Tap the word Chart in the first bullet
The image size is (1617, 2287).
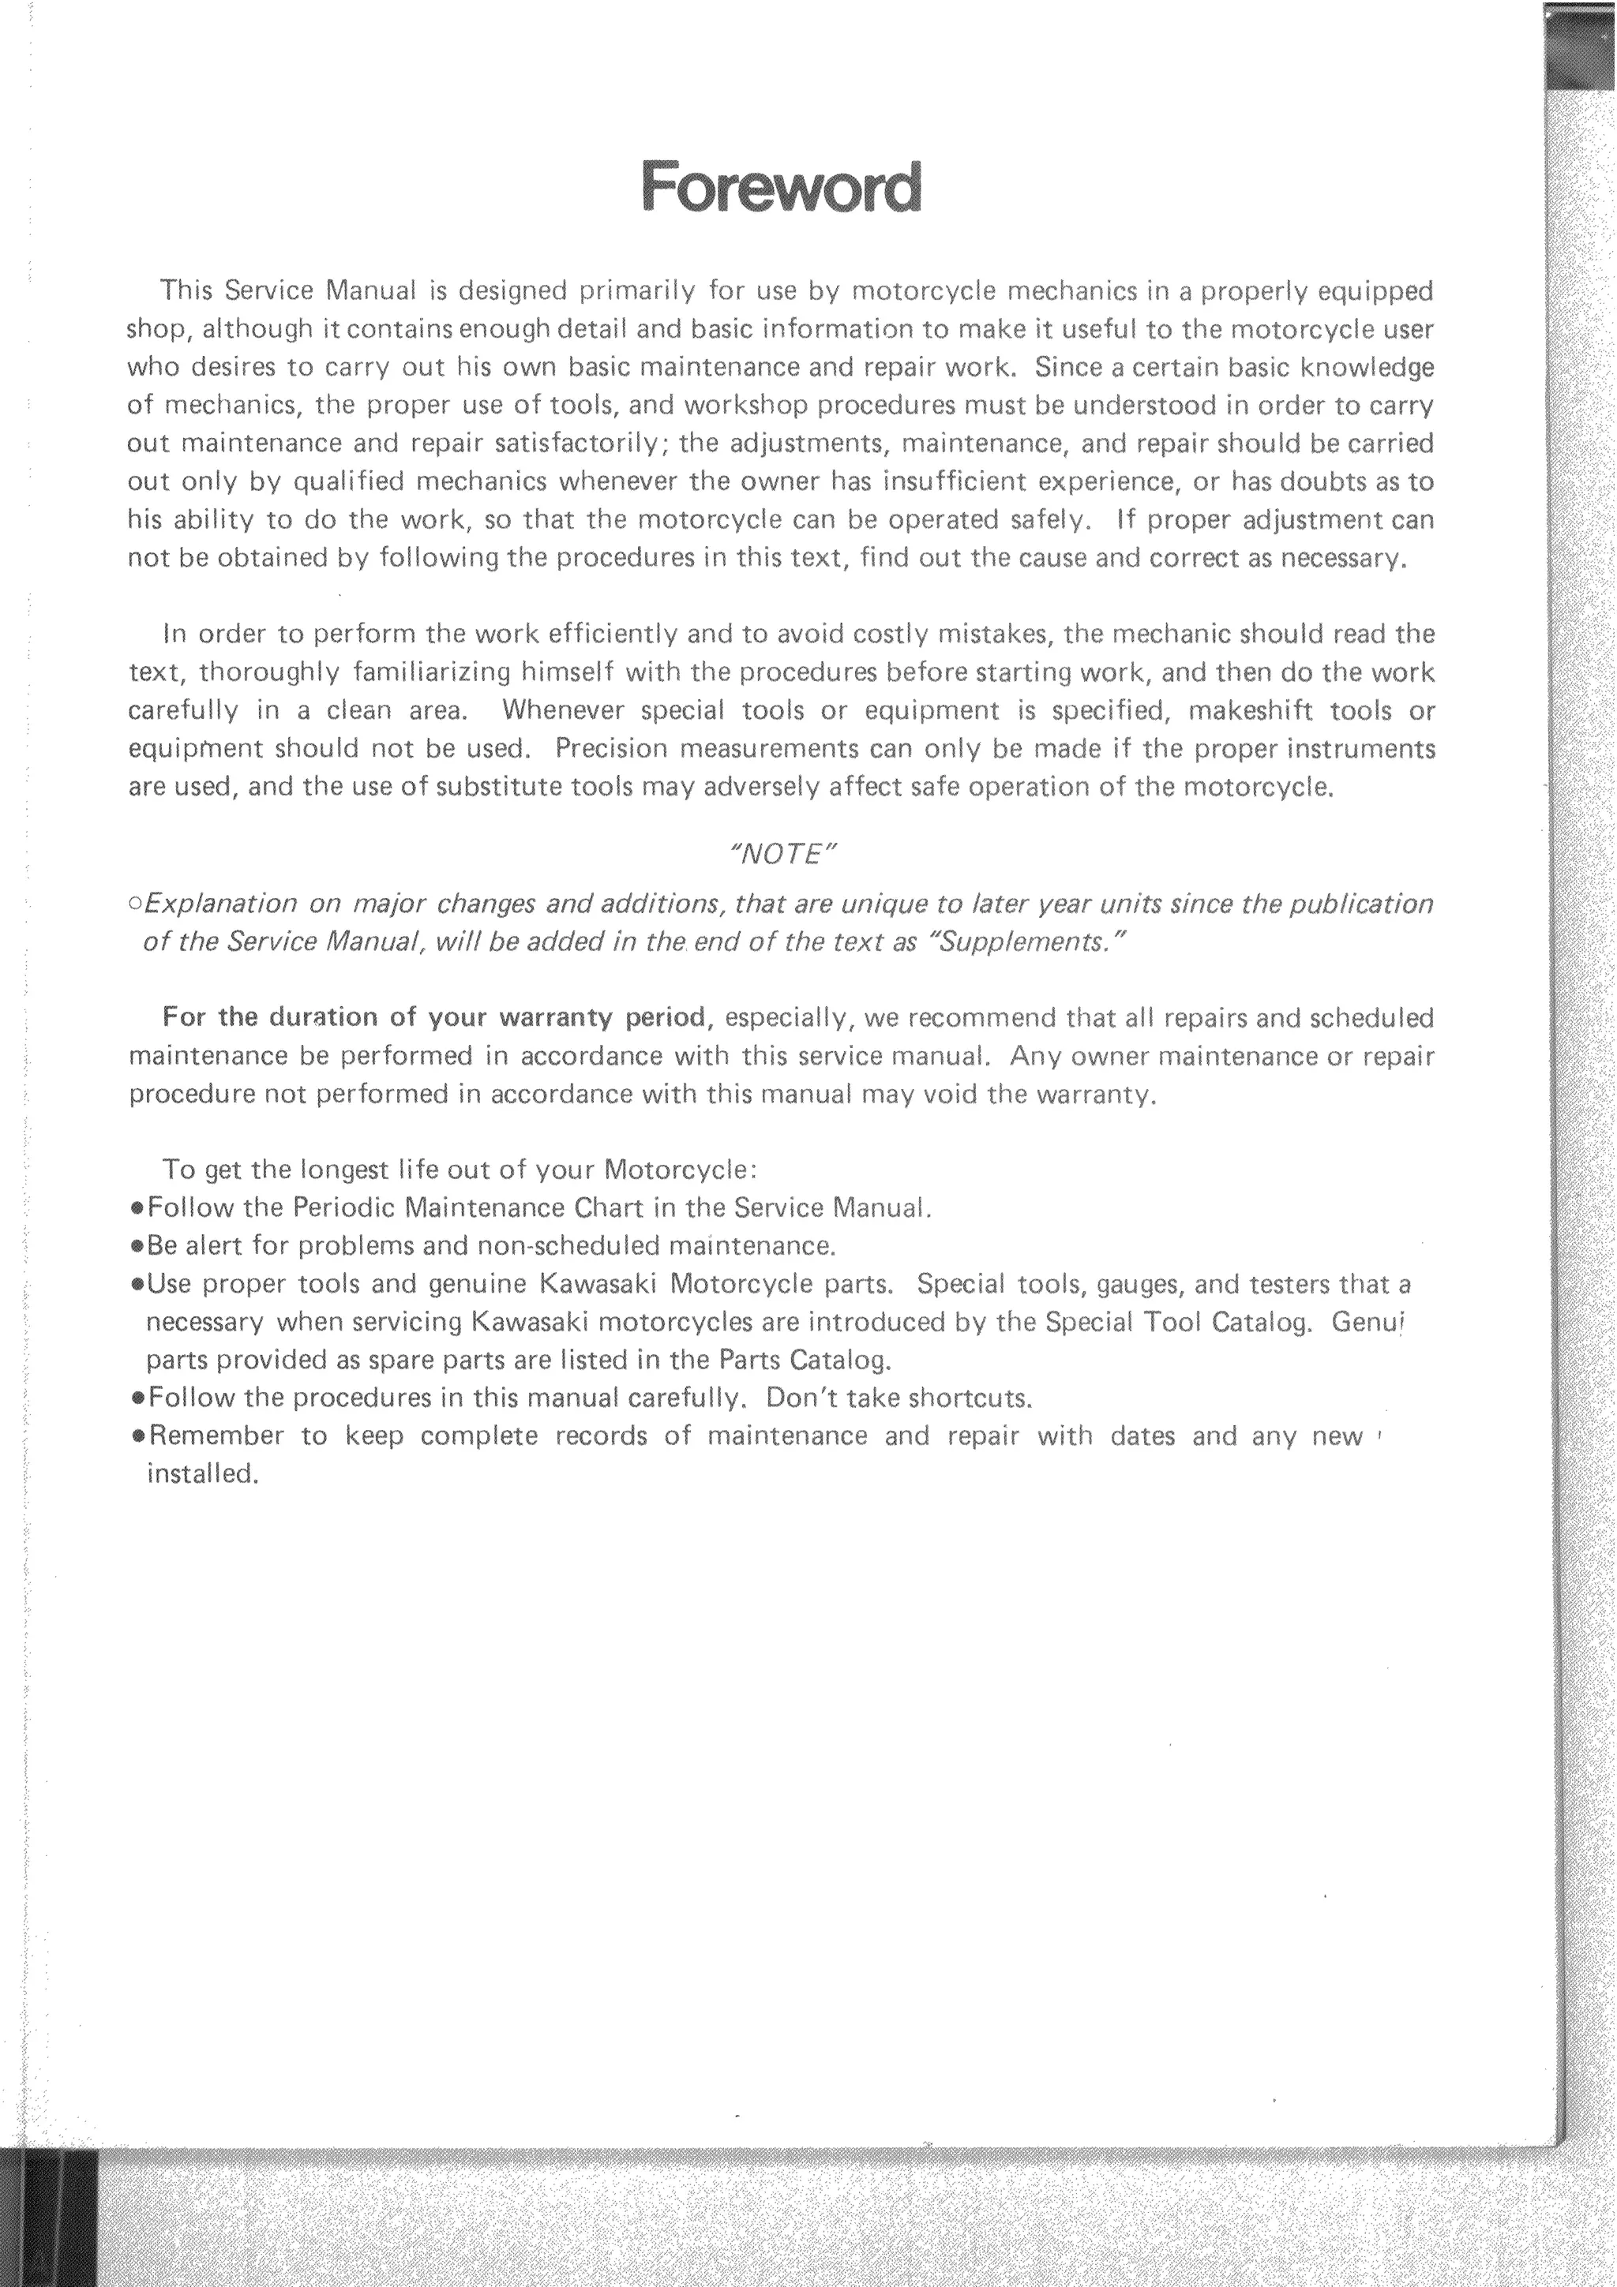point(608,1208)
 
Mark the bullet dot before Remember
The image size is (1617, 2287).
point(137,1437)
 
